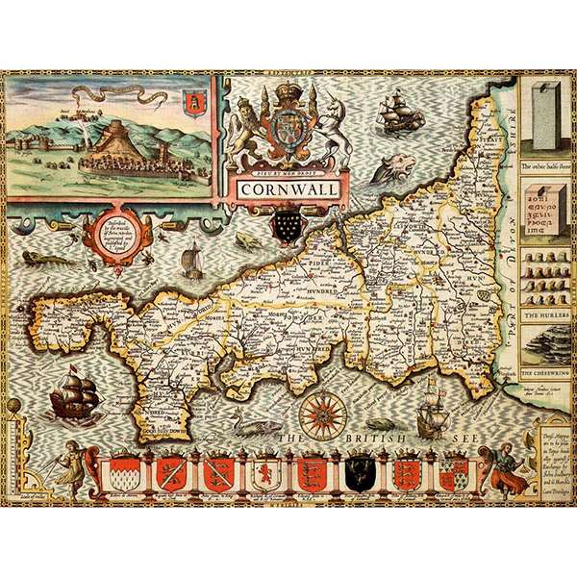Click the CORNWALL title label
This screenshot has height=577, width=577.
coord(288,188)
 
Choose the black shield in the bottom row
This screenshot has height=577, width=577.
coord(360,471)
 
